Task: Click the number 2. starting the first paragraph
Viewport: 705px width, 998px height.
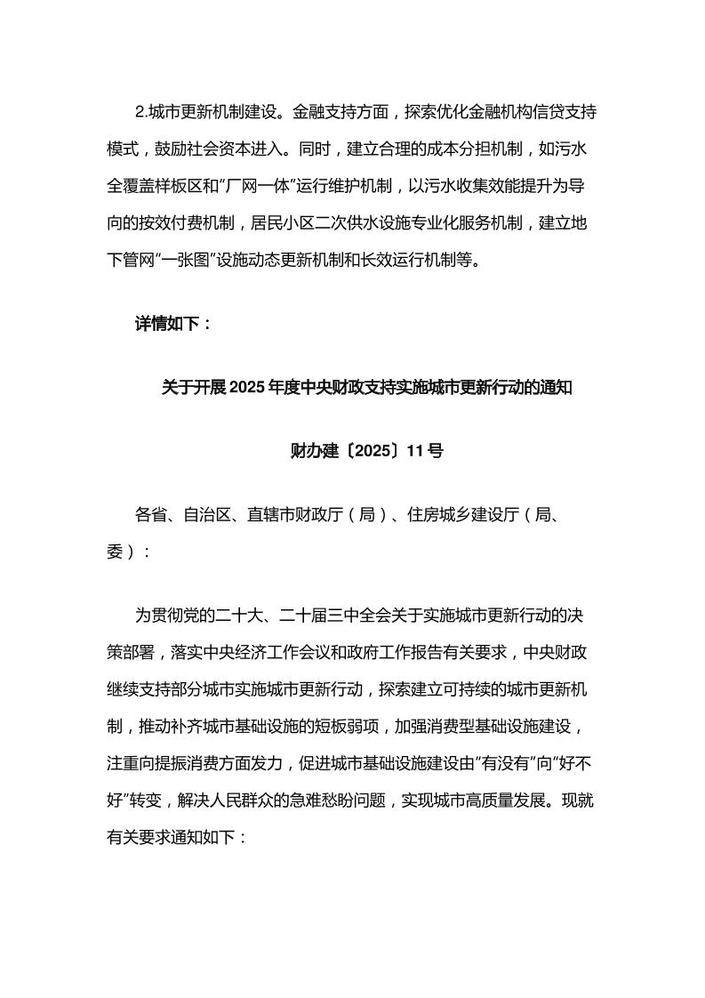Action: [140, 113]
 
